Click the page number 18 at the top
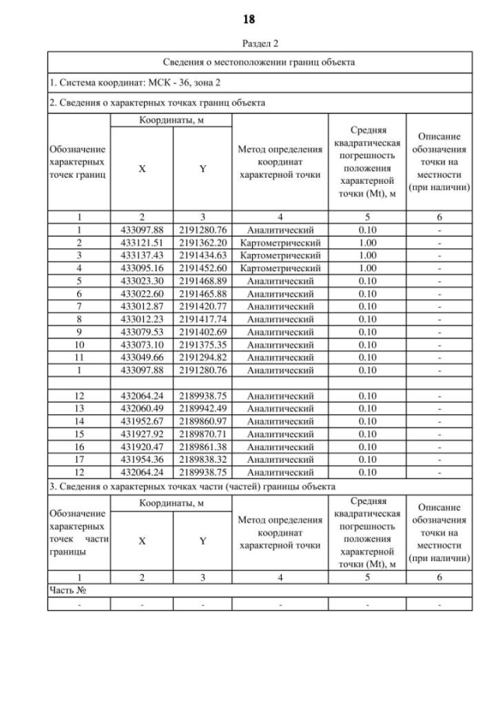(249, 18)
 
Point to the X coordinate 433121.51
(141, 242)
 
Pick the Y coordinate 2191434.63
(202, 255)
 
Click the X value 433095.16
(141, 268)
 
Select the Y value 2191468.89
(202, 280)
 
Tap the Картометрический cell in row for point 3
(280, 255)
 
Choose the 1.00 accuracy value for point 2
(368, 242)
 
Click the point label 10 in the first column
(79, 344)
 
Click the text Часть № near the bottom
(67, 590)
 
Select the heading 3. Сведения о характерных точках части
(191, 486)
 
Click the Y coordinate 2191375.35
(202, 344)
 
